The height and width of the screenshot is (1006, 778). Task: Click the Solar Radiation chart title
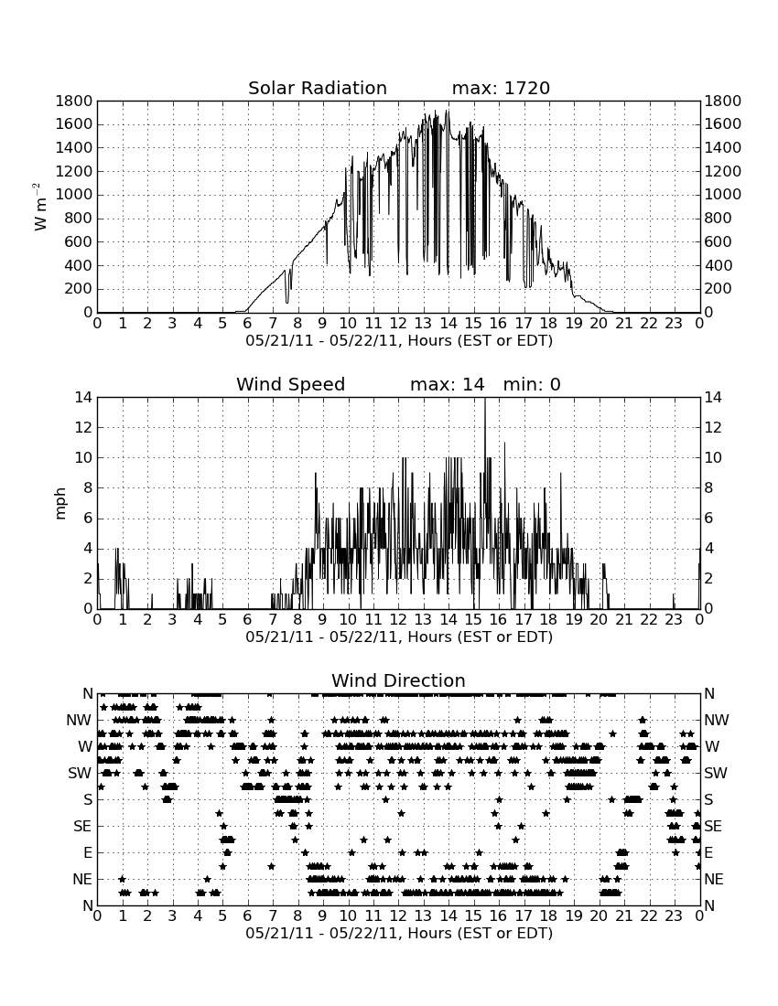(x=318, y=88)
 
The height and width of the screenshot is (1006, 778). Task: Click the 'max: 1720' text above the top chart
(x=501, y=88)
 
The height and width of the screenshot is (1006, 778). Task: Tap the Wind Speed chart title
(x=291, y=384)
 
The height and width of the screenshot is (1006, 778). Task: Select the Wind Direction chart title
(x=399, y=680)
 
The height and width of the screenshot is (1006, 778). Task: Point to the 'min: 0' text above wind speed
(x=532, y=384)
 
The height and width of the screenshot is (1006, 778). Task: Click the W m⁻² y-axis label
(x=39, y=207)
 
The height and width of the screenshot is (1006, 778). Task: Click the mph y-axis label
(x=60, y=504)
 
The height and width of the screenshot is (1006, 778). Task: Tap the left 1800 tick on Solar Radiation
(x=74, y=101)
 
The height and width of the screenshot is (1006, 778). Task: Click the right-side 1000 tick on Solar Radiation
(x=723, y=195)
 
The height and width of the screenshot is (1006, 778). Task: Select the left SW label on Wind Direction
(x=80, y=773)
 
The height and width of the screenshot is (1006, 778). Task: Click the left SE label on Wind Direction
(x=82, y=827)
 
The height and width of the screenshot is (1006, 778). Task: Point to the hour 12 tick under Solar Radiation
(x=398, y=324)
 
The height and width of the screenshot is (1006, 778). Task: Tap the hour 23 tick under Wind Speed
(x=674, y=620)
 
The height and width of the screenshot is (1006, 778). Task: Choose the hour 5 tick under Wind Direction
(x=222, y=916)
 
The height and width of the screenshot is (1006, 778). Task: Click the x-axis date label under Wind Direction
(x=399, y=933)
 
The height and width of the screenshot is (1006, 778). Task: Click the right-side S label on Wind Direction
(x=708, y=799)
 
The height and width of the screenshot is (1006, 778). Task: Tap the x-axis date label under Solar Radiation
(x=399, y=340)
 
